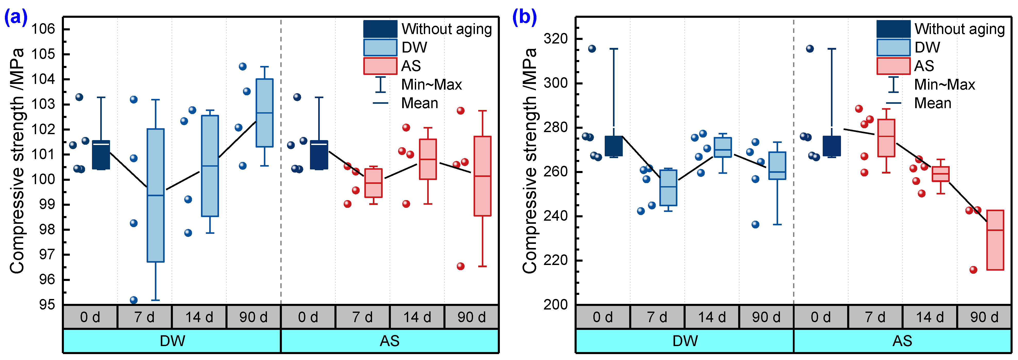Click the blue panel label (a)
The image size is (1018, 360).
[x=15, y=18]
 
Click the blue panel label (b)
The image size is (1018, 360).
[x=524, y=18]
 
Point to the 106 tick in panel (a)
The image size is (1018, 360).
[x=44, y=29]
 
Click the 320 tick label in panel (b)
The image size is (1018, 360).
[x=556, y=39]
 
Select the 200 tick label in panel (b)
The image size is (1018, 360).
[x=556, y=305]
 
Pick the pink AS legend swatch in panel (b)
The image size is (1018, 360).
[x=893, y=66]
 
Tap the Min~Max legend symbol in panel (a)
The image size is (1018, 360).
[x=380, y=84]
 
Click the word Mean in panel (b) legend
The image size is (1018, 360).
[x=933, y=103]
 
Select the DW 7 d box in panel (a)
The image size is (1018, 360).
[x=155, y=195]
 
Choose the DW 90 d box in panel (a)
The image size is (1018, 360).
[x=264, y=113]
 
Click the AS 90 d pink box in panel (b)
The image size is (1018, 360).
[x=995, y=240]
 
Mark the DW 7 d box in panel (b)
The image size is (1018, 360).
[x=668, y=188]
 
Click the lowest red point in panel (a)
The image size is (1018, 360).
[x=460, y=266]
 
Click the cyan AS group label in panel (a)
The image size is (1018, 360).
[x=389, y=341]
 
